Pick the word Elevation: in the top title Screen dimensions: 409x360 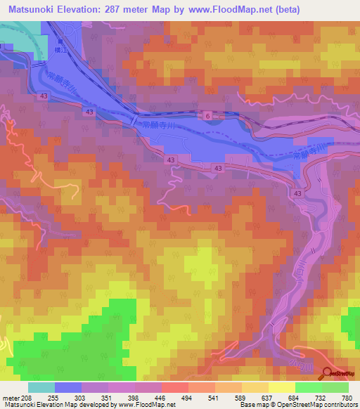click(x=96, y=10)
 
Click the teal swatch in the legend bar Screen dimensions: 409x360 click(x=41, y=387)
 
